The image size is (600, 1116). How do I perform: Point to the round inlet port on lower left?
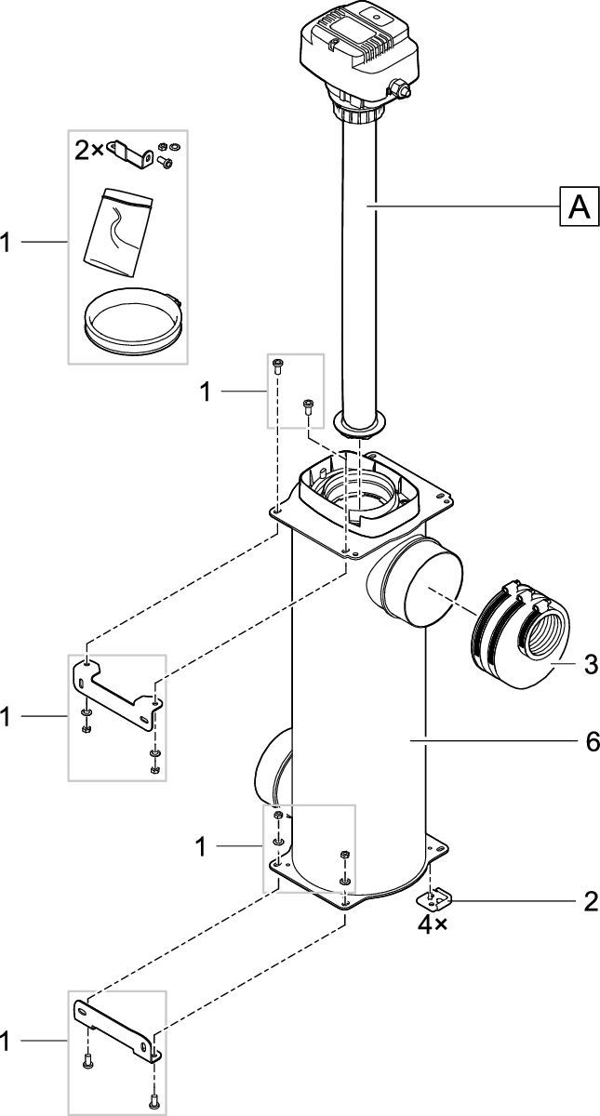tap(271, 768)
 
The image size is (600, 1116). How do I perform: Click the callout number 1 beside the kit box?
tap(7, 243)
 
